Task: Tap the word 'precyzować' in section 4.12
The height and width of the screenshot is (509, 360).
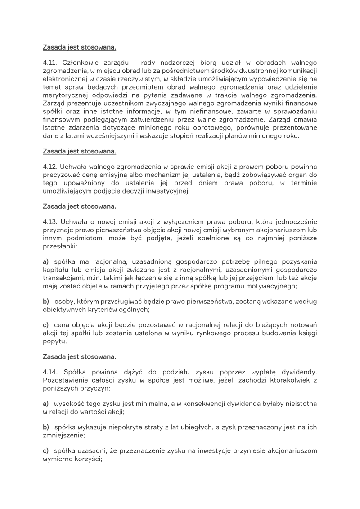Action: pyautogui.click(x=61, y=175)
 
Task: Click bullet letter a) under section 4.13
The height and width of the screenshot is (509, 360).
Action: pyautogui.click(x=46, y=261)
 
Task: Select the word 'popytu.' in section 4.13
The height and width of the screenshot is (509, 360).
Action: pyautogui.click(x=55, y=341)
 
